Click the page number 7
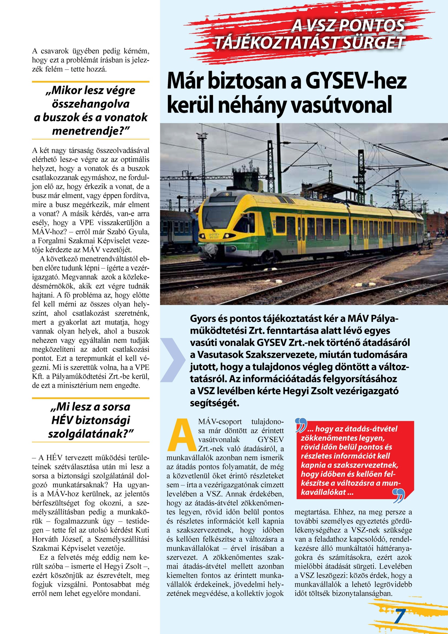[400, 616]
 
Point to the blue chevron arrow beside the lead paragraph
[172, 360]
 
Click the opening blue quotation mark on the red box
[301, 425]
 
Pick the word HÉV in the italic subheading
[62, 420]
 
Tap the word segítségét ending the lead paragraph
[215, 403]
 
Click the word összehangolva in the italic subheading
[91, 104]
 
